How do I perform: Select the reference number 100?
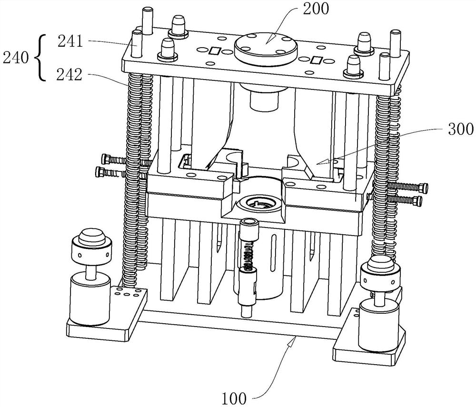(x=234, y=398)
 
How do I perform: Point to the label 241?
(x=70, y=41)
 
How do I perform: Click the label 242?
(x=69, y=74)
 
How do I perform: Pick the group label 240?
(x=15, y=58)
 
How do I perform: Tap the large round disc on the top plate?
(x=266, y=48)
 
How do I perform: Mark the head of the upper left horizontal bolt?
(x=106, y=158)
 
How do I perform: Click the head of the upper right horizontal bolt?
(x=424, y=188)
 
